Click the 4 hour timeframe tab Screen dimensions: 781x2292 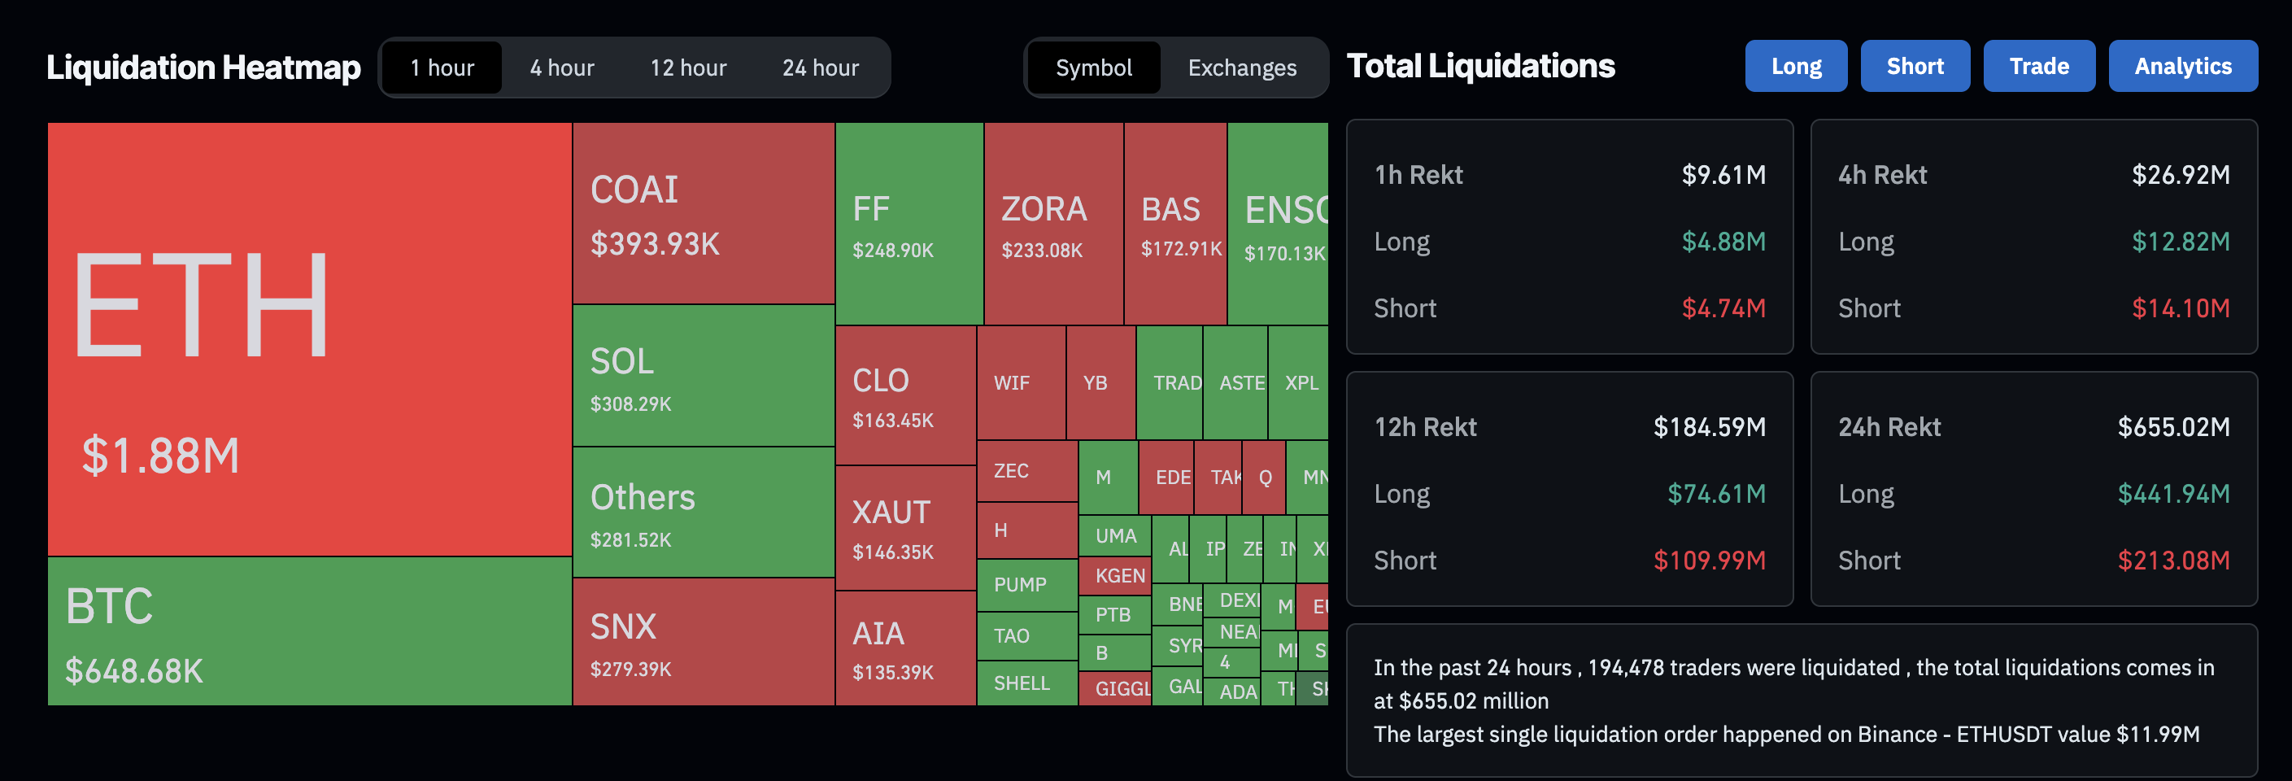[561, 68]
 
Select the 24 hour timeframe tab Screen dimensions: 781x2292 [820, 68]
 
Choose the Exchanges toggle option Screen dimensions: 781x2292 [1241, 68]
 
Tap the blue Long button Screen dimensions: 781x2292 [1796, 66]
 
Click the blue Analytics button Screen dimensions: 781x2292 [2181, 66]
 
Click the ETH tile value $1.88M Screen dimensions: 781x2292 [161, 456]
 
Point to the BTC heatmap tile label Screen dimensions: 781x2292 [110, 607]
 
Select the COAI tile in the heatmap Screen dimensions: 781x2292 [703, 213]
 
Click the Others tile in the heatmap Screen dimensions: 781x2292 [703, 513]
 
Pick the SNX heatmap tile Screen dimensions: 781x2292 [703, 641]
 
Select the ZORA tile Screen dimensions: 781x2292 [1052, 223]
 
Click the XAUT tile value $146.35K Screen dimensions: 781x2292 [892, 552]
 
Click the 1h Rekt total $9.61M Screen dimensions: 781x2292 [1723, 174]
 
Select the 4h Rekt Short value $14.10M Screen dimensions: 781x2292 [2180, 308]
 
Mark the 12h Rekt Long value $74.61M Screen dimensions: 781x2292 [1715, 494]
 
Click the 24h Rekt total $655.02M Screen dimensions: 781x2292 [2172, 427]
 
